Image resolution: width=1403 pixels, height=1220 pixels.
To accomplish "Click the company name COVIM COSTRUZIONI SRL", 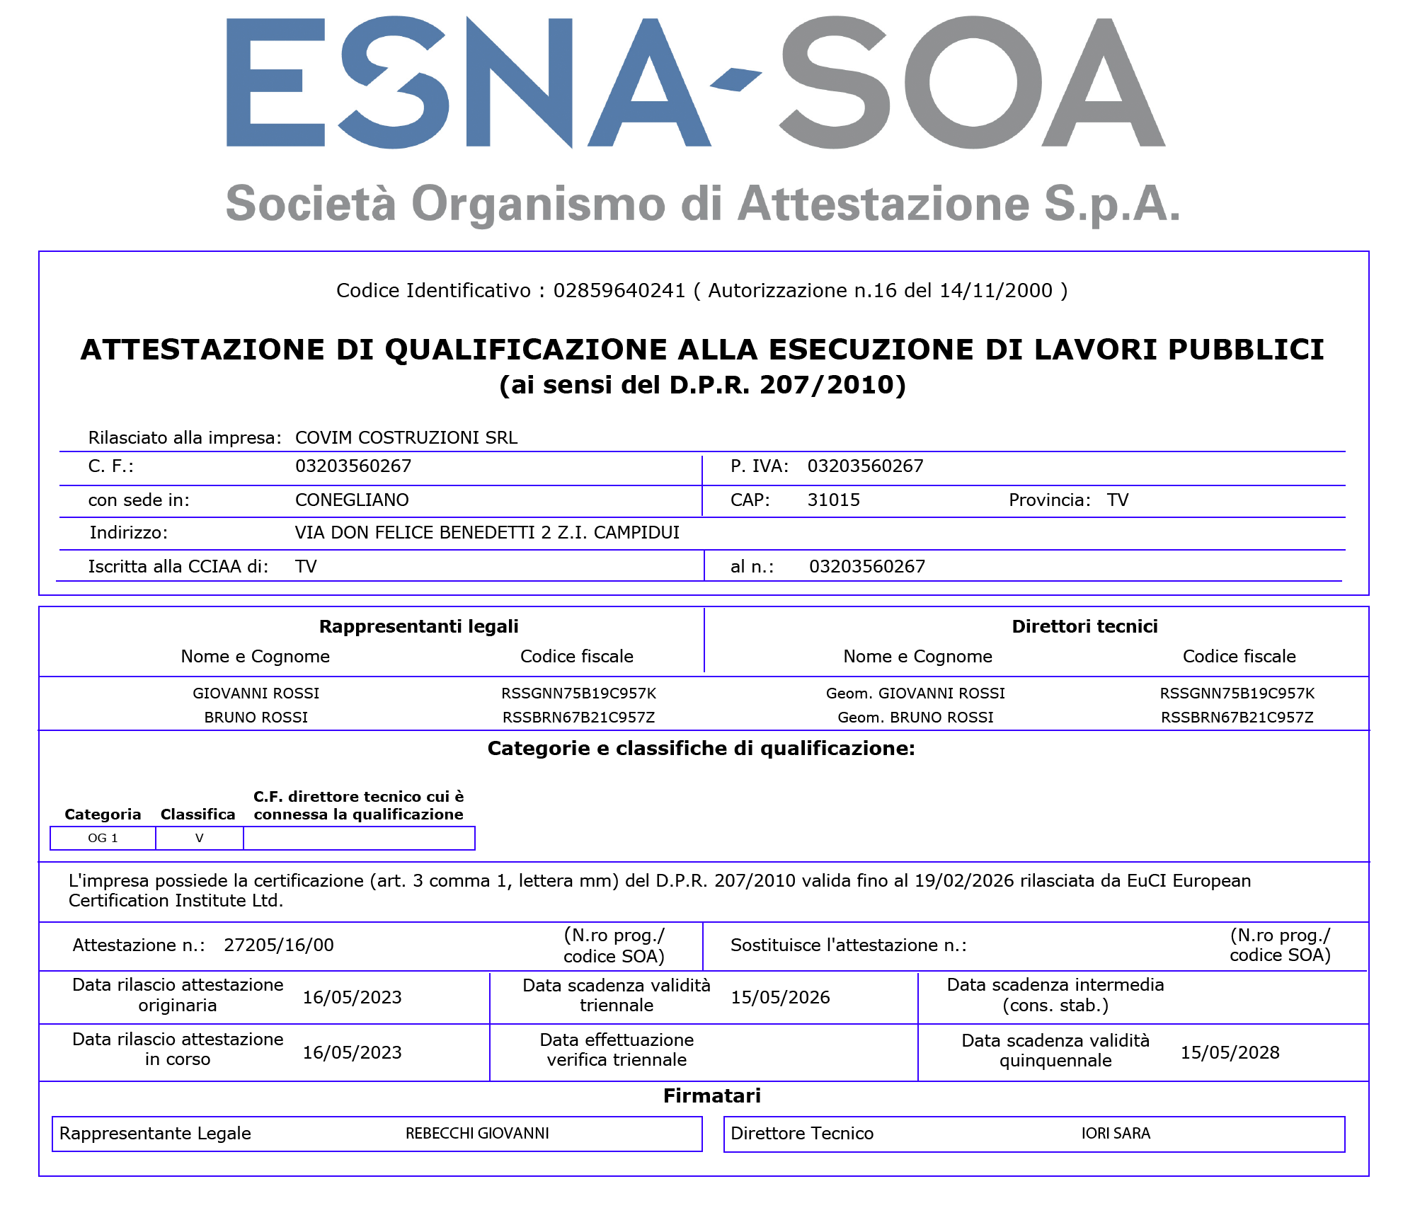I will pyautogui.click(x=406, y=438).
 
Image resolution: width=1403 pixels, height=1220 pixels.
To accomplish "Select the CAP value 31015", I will pyautogui.click(x=833, y=500).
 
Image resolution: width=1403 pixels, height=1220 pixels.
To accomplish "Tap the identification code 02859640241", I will pyautogui.click(x=619, y=291).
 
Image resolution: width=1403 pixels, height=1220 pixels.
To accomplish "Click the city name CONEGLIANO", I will pyautogui.click(x=352, y=500).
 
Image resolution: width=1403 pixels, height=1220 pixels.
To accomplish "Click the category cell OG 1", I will pyautogui.click(x=103, y=839).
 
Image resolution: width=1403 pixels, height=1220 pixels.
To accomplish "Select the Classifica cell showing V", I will pyautogui.click(x=199, y=839).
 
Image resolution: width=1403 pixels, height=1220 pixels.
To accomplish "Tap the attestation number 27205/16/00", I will pyautogui.click(x=278, y=945).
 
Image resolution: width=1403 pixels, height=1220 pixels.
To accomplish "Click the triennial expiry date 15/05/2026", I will pyautogui.click(x=780, y=998).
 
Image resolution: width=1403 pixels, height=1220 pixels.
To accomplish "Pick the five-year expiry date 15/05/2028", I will pyautogui.click(x=1230, y=1053).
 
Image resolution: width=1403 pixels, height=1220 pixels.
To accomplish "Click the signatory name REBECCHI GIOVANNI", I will pyautogui.click(x=477, y=1134).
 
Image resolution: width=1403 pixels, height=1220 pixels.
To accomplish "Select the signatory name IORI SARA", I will pyautogui.click(x=1116, y=1134).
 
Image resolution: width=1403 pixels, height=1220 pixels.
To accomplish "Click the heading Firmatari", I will pyautogui.click(x=711, y=1096).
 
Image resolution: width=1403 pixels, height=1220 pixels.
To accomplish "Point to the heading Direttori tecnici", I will pyautogui.click(x=1084, y=626).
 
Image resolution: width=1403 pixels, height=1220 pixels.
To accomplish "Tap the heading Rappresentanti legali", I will pyautogui.click(x=418, y=626).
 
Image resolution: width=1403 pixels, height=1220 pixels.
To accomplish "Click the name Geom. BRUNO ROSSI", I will pyautogui.click(x=915, y=718).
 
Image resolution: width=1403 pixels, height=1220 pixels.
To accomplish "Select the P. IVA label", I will pyautogui.click(x=759, y=466).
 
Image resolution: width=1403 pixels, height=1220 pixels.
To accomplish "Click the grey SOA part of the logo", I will pyautogui.click(x=973, y=84).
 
